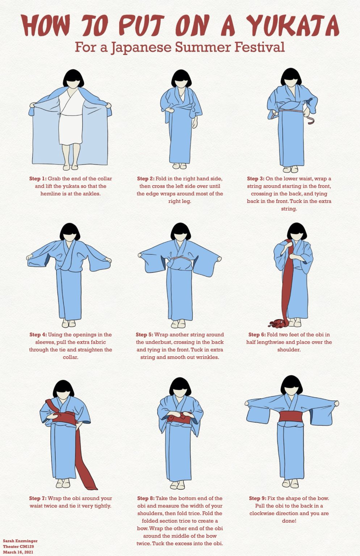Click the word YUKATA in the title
293,26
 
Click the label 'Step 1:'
38,179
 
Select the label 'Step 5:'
145,334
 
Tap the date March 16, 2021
18,552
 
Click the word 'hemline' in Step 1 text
50,194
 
